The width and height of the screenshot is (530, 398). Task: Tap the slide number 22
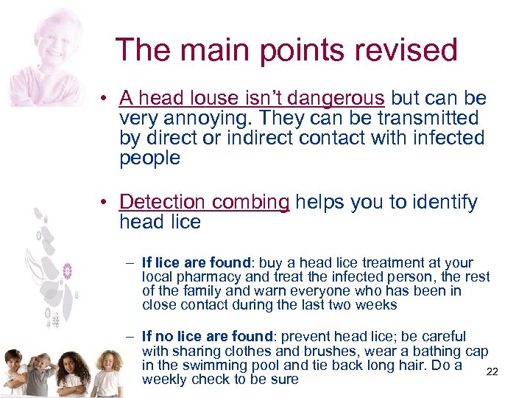[492, 371]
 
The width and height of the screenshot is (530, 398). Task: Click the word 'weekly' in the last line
[164, 380]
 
